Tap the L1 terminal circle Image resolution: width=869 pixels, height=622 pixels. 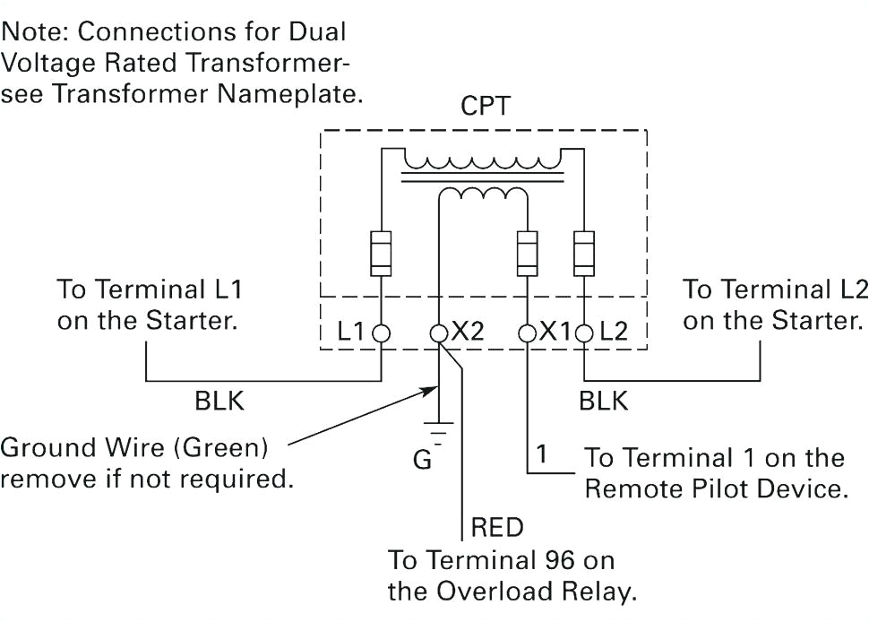[382, 332]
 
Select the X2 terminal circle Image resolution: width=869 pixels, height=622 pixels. [439, 332]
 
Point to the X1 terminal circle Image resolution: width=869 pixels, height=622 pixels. [527, 332]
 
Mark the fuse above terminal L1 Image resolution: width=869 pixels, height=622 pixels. [382, 254]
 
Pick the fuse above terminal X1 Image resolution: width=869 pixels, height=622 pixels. [527, 254]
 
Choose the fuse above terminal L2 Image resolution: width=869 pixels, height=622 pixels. [584, 254]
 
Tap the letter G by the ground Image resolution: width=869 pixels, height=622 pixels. [423, 461]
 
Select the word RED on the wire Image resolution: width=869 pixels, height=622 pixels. [496, 528]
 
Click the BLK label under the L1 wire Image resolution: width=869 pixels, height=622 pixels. [219, 402]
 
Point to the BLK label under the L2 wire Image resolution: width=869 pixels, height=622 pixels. [603, 402]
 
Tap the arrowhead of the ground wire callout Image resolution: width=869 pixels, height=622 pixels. [431, 389]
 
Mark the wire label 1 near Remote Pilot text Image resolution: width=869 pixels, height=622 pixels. [541, 454]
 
